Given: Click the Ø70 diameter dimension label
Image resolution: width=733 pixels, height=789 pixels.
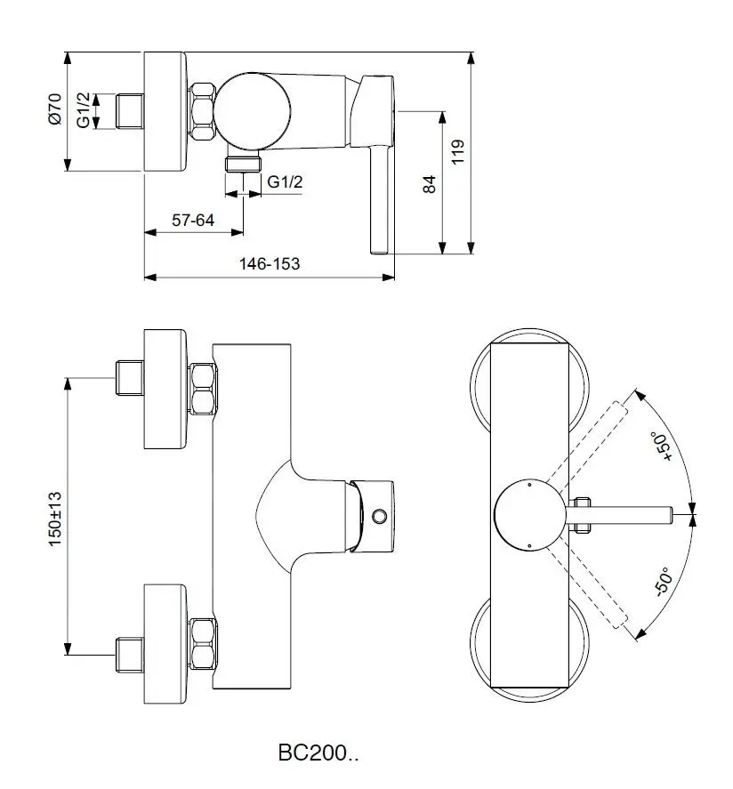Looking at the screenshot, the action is tap(55, 109).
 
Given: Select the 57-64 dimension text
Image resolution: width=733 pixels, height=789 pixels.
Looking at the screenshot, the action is tap(193, 220).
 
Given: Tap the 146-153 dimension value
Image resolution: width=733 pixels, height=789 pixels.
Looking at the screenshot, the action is tap(270, 263).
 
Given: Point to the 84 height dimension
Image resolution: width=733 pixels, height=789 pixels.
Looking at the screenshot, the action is tap(429, 184).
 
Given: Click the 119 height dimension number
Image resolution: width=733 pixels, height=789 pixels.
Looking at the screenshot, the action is tap(458, 151).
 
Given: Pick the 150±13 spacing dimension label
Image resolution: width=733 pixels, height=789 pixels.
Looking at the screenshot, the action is tap(55, 519).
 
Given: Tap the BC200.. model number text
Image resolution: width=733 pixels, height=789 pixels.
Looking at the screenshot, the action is tap(318, 753).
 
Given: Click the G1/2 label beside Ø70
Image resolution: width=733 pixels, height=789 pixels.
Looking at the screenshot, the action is tap(84, 109).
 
